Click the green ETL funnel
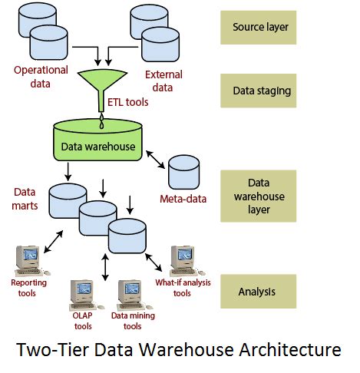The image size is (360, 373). (102, 87)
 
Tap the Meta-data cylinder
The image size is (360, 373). (183, 172)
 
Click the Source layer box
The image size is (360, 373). (259, 28)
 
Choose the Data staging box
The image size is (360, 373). (259, 91)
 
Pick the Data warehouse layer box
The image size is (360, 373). (259, 196)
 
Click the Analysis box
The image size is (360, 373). (259, 291)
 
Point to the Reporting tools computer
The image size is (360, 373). (31, 261)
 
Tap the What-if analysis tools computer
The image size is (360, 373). (187, 261)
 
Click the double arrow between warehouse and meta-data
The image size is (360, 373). (155, 160)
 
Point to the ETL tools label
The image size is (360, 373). (127, 102)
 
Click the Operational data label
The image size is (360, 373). (41, 77)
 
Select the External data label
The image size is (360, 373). (163, 81)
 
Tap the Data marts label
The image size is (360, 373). (25, 199)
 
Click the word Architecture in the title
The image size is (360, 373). (290, 349)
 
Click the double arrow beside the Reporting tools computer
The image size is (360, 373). (53, 242)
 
